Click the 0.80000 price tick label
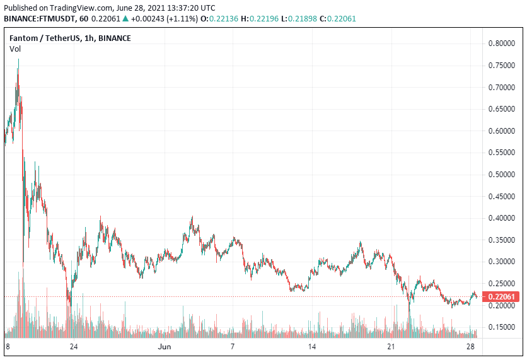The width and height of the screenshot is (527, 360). click(502, 44)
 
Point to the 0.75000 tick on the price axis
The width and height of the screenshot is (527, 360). click(502, 66)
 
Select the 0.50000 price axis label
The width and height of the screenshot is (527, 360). click(502, 175)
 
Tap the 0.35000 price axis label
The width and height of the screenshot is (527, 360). click(502, 240)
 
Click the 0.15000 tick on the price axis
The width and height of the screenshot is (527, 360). click(502, 327)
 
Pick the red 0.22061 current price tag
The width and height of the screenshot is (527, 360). click(502, 296)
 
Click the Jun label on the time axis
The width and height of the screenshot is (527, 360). click(165, 347)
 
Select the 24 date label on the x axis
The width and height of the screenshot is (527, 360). click(74, 347)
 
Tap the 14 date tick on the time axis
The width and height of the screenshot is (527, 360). click(311, 347)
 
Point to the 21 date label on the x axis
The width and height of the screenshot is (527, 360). click(391, 347)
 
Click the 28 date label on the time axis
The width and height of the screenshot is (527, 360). click(470, 347)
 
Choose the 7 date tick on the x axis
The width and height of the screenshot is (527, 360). click(233, 347)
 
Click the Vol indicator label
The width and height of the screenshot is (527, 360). click(15, 49)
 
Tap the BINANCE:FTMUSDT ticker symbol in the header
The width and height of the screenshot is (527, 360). click(39, 18)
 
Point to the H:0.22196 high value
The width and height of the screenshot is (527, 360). click(259, 18)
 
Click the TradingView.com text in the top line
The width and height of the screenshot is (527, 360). click(79, 8)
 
